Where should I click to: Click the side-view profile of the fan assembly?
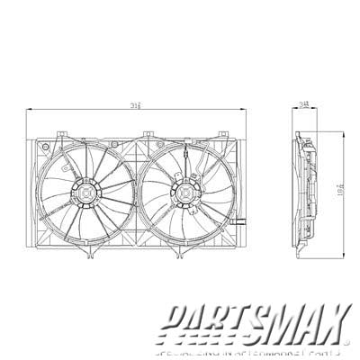tap(306, 191)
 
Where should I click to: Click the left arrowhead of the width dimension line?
tap(28, 108)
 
